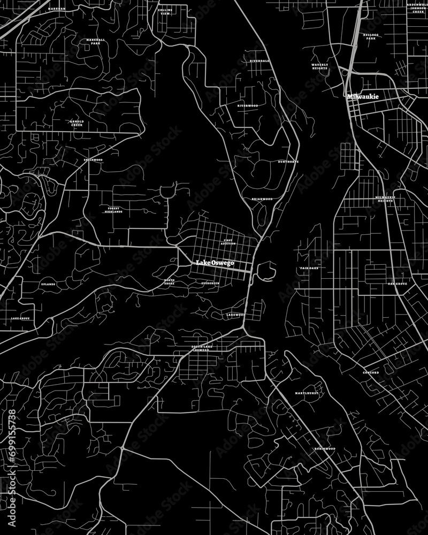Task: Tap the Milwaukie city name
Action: click(363, 97)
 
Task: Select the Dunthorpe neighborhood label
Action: click(288, 162)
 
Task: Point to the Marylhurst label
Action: click(307, 393)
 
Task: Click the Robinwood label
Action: click(324, 448)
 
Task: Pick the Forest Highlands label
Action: click(114, 210)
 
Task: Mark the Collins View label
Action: click(164, 11)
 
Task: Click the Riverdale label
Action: click(260, 61)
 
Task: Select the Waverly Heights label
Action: click(320, 67)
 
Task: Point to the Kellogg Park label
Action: click(370, 36)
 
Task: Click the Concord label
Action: click(371, 372)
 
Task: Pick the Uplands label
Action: click(48, 284)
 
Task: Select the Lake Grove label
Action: click(20, 319)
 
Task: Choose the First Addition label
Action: click(228, 242)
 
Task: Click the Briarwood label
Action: click(262, 199)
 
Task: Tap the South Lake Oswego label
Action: click(204, 349)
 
